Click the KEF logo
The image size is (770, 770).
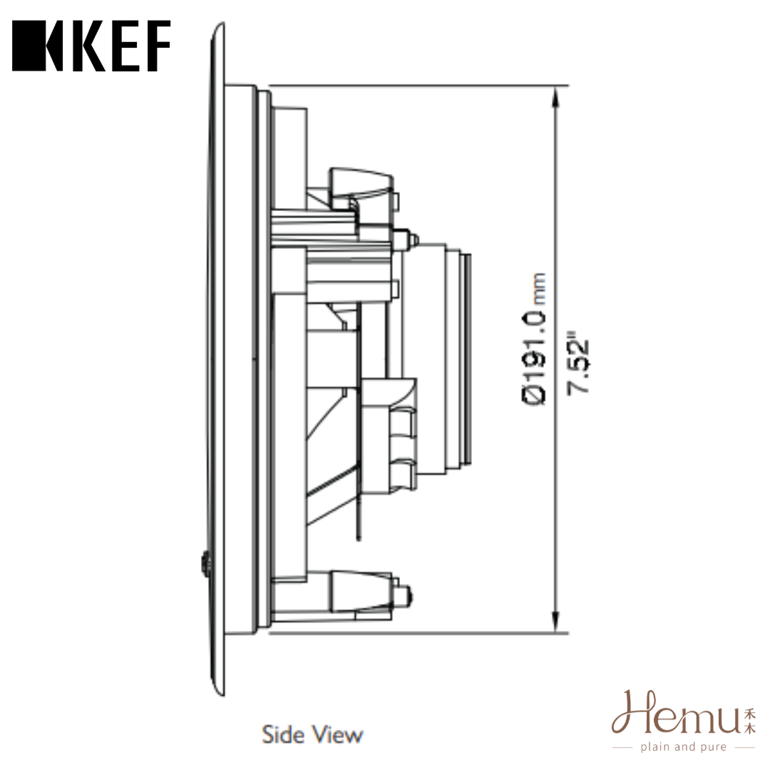tap(91, 46)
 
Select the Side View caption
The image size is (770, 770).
tap(312, 734)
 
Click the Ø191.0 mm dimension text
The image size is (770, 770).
tap(535, 339)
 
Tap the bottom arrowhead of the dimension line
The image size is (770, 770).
tap(556, 622)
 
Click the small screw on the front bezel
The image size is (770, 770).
tap(206, 564)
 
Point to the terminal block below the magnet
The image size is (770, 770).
tap(389, 438)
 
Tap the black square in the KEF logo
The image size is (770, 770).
tap(29, 46)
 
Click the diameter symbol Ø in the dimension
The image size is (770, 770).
tap(535, 394)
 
